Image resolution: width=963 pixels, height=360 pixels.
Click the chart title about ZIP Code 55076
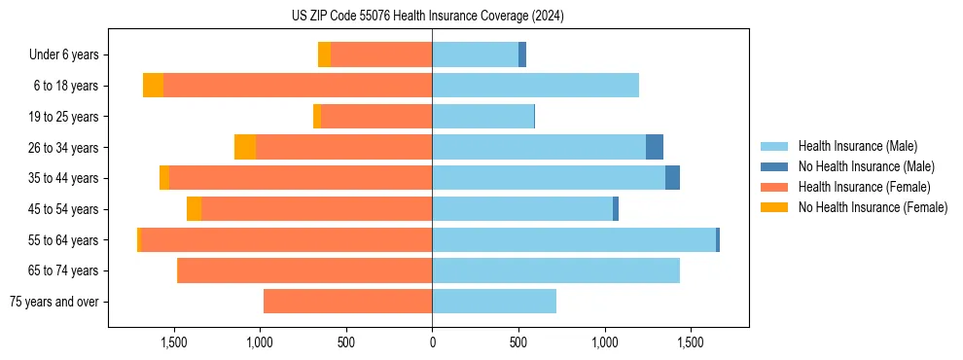point(427,16)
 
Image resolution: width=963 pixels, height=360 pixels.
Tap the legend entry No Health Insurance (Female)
point(873,207)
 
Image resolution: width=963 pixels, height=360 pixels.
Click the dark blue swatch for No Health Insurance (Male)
point(774,166)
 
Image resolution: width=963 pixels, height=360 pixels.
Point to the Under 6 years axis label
point(64,55)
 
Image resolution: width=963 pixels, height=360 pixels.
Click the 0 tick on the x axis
point(432,342)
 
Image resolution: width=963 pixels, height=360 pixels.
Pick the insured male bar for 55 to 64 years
point(574,240)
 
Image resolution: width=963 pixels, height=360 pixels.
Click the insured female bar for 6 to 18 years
point(298,86)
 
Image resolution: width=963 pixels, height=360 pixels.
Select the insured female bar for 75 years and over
point(347,302)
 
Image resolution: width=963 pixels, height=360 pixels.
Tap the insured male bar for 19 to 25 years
point(482,117)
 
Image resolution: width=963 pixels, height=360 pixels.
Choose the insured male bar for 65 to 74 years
point(555,270)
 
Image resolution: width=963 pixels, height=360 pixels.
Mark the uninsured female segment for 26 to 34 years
point(245,148)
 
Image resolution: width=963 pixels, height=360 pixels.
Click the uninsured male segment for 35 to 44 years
point(672,178)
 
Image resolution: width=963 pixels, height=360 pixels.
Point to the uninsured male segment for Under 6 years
point(522,55)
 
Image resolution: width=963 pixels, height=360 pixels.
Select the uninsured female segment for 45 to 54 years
point(195,209)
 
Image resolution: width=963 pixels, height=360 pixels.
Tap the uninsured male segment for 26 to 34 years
point(655,148)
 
